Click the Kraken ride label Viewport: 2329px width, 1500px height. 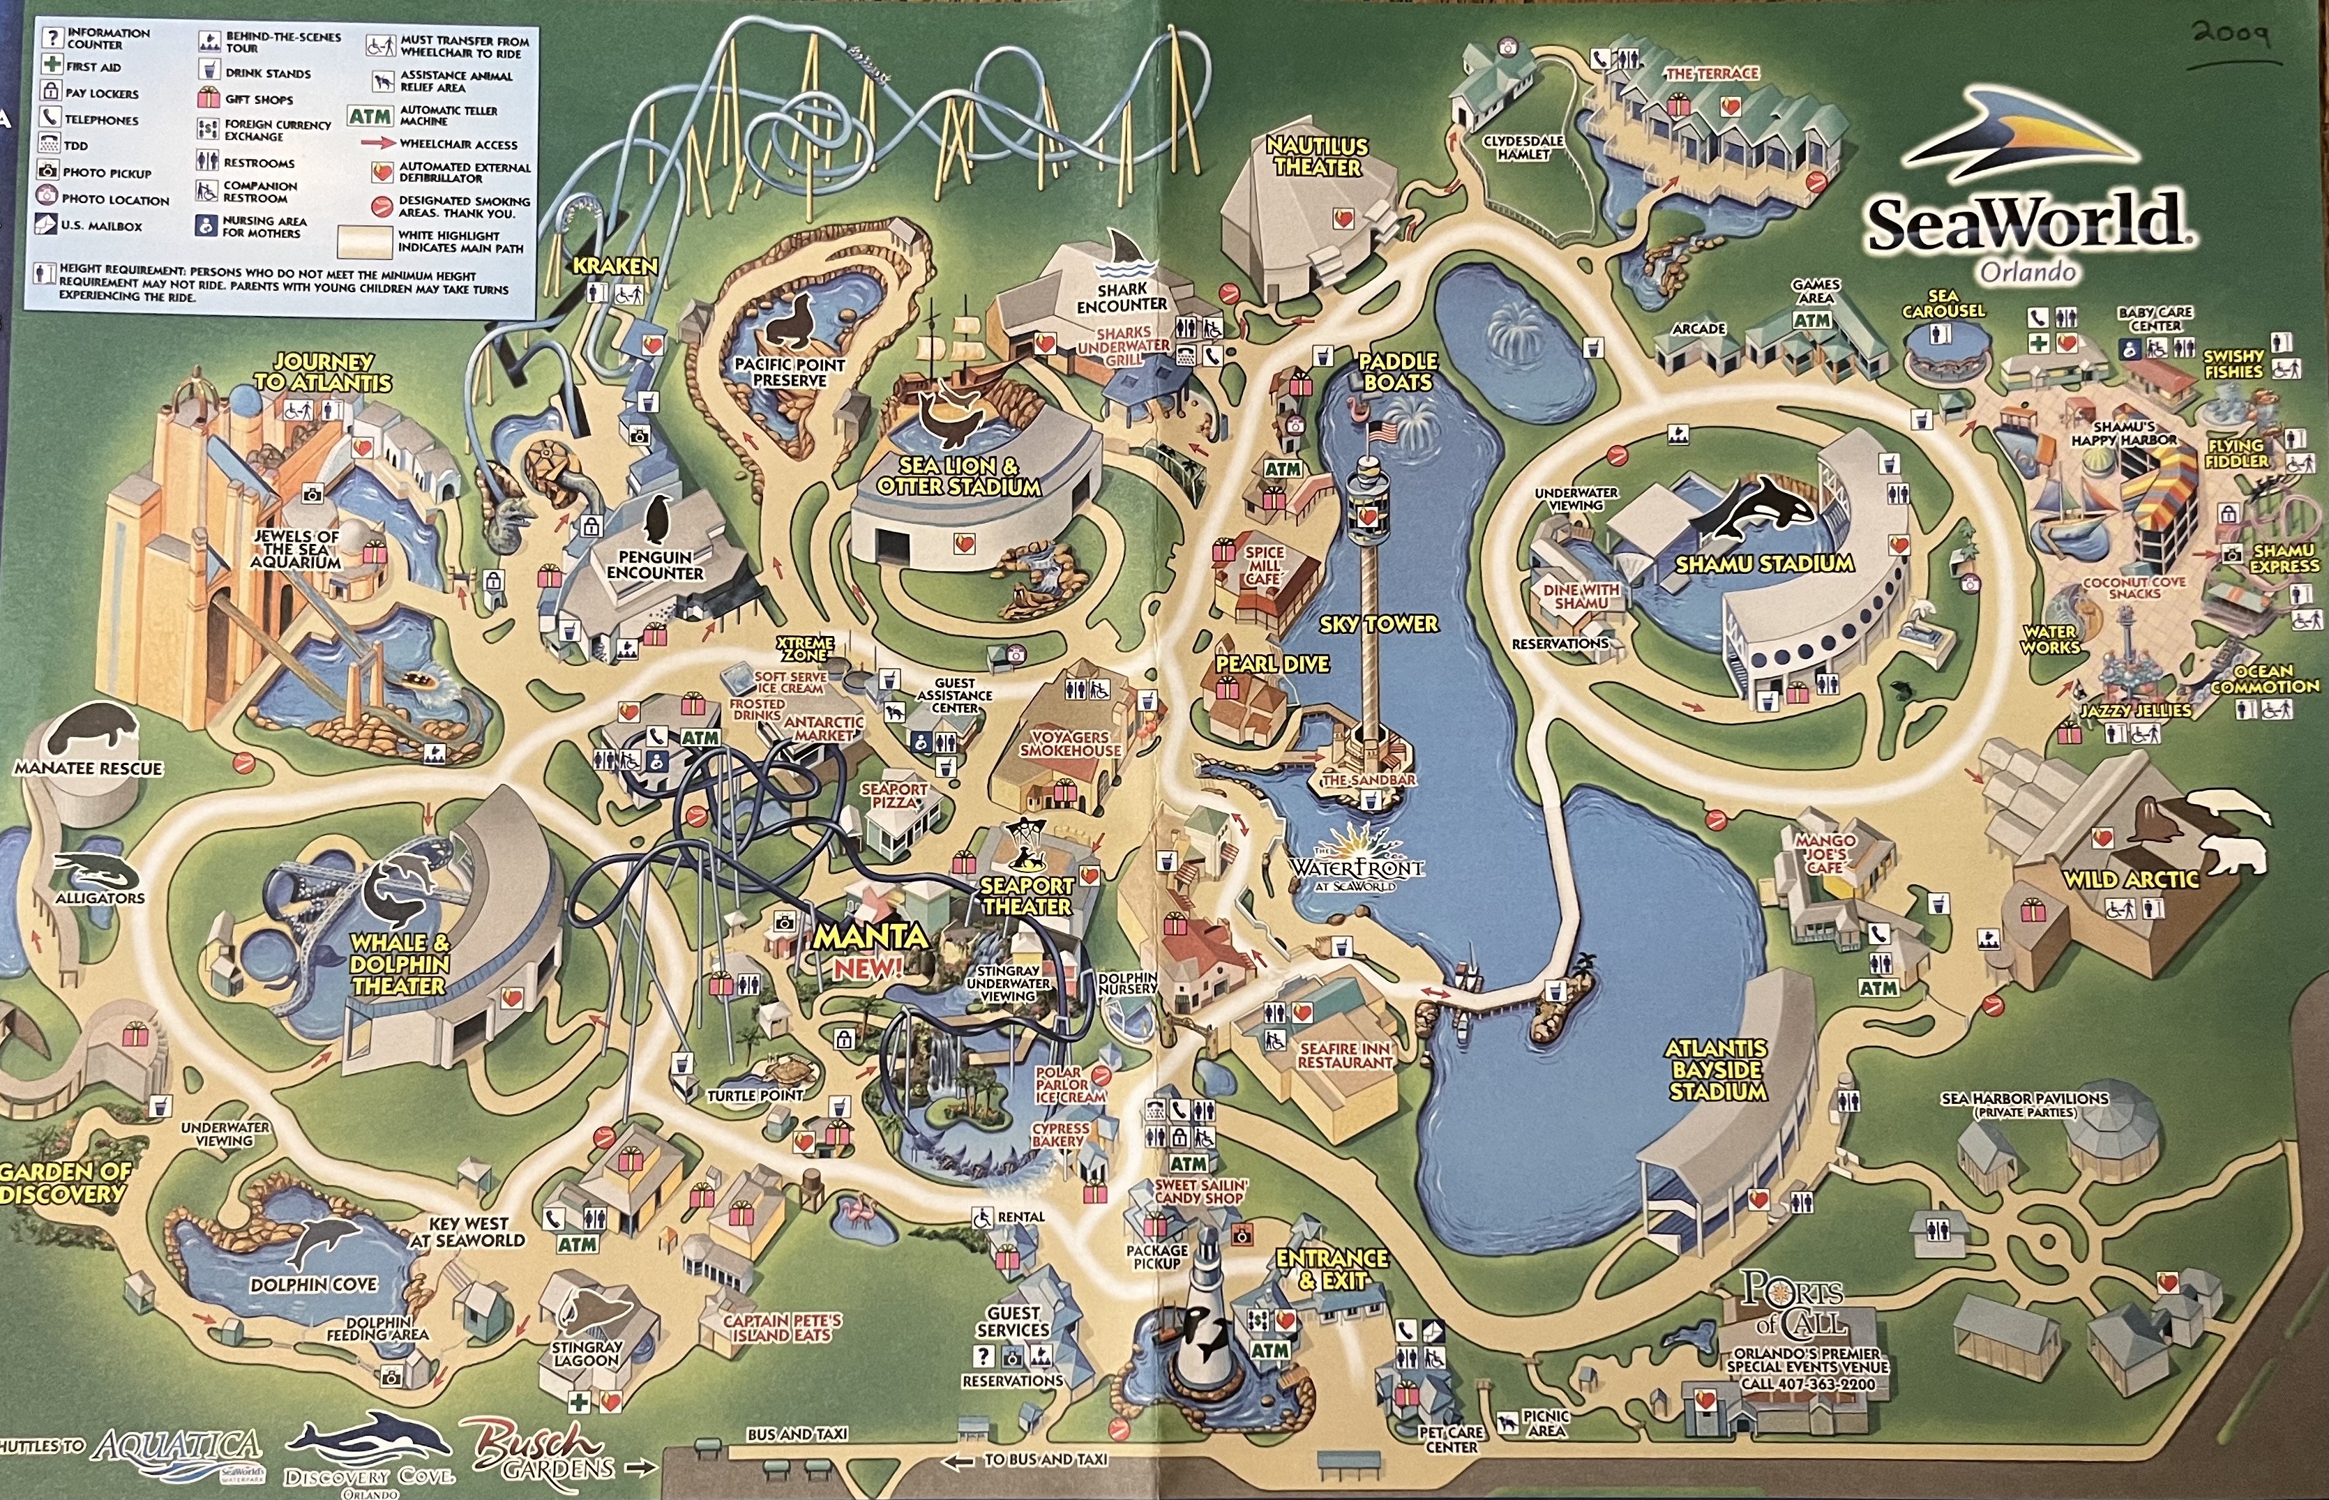point(615,266)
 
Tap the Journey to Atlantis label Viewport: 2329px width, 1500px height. point(322,372)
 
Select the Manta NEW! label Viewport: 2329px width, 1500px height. point(870,950)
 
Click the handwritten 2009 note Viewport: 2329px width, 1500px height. point(2231,37)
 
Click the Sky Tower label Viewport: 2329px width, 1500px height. point(1378,623)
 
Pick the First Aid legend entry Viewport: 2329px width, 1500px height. point(83,67)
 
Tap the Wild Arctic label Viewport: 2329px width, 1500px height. point(2130,879)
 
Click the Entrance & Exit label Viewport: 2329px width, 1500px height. point(1332,1268)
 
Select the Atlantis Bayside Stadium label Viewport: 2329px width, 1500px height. point(1717,1070)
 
